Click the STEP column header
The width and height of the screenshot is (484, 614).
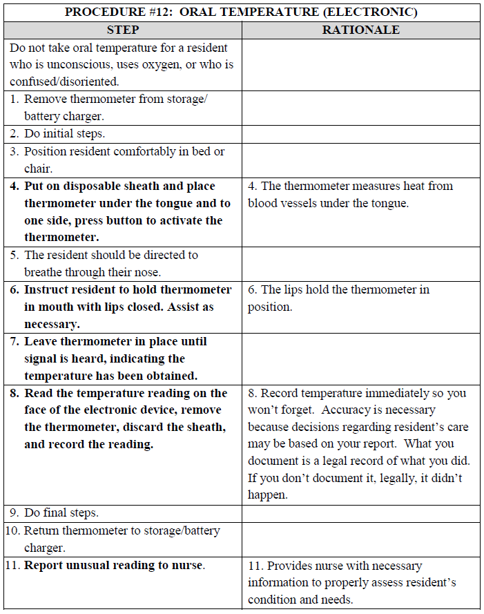point(123,30)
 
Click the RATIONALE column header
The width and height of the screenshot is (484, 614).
point(360,30)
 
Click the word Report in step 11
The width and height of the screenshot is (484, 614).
point(43,565)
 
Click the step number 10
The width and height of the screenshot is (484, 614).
point(13,530)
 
